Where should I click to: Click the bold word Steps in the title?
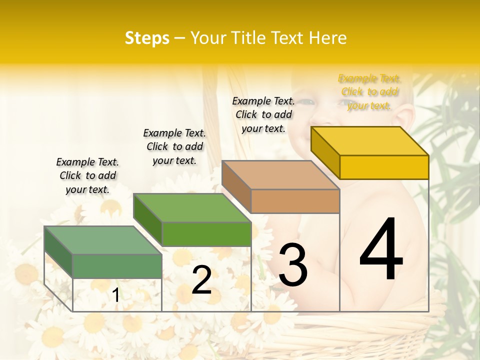pyautogui.click(x=147, y=38)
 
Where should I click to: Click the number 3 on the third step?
pyautogui.click(x=293, y=265)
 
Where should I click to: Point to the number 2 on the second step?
pyautogui.click(x=201, y=280)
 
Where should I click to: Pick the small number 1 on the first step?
pyautogui.click(x=116, y=295)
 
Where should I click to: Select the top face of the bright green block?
pyautogui.click(x=192, y=208)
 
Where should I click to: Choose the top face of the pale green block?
pyautogui.click(x=103, y=240)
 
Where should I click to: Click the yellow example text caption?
pyautogui.click(x=369, y=92)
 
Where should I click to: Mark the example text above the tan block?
pyautogui.click(x=263, y=114)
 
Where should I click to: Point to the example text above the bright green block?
pyautogui.click(x=174, y=146)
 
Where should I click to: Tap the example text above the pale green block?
pyautogui.click(x=87, y=175)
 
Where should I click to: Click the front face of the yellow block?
pyautogui.click(x=384, y=167)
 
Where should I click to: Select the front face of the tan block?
pyautogui.click(x=295, y=201)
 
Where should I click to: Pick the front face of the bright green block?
pyautogui.click(x=206, y=234)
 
